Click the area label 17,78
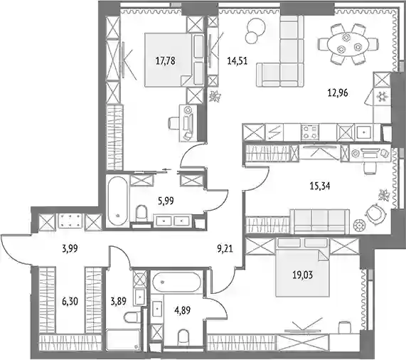click(x=165, y=61)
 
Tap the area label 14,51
click(x=237, y=61)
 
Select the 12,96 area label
click(x=338, y=92)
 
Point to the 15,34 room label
click(x=320, y=186)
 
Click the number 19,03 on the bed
click(x=303, y=275)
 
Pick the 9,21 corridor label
click(x=225, y=249)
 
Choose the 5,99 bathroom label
click(x=166, y=201)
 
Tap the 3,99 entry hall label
click(x=70, y=249)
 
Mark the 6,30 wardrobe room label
click(x=70, y=302)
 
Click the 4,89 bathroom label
click(x=183, y=310)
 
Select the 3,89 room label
click(x=118, y=302)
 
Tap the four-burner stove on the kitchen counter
click(x=310, y=132)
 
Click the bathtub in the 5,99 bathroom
click(x=117, y=200)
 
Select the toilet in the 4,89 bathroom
click(x=183, y=337)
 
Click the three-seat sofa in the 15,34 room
click(x=320, y=221)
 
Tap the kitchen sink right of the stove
click(x=364, y=132)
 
